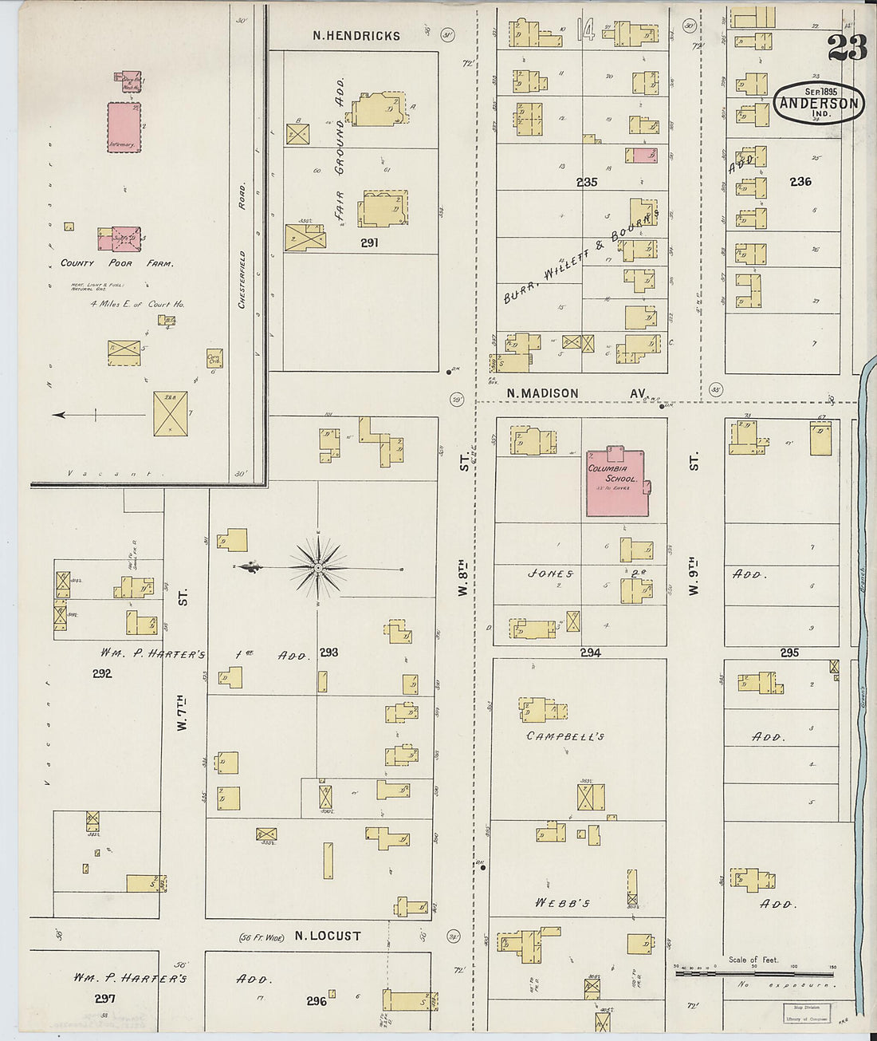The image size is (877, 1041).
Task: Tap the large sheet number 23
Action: [x=847, y=49]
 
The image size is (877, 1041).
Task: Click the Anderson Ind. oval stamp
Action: [x=819, y=103]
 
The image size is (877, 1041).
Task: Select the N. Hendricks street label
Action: [x=356, y=36]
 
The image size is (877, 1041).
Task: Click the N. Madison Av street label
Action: [x=564, y=393]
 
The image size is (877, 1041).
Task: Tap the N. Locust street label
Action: [x=327, y=936]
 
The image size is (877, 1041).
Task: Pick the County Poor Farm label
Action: [x=117, y=263]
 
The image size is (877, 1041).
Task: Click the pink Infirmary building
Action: [x=124, y=127]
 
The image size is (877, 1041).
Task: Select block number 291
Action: [x=368, y=243]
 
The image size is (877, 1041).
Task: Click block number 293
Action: [x=329, y=653]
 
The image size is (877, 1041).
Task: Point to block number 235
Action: [x=587, y=183]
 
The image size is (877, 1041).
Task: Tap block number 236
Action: [x=800, y=182]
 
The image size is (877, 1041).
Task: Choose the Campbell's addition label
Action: [x=565, y=736]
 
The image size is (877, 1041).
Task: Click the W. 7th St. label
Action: [x=183, y=702]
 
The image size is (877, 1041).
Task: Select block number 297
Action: [x=104, y=999]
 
